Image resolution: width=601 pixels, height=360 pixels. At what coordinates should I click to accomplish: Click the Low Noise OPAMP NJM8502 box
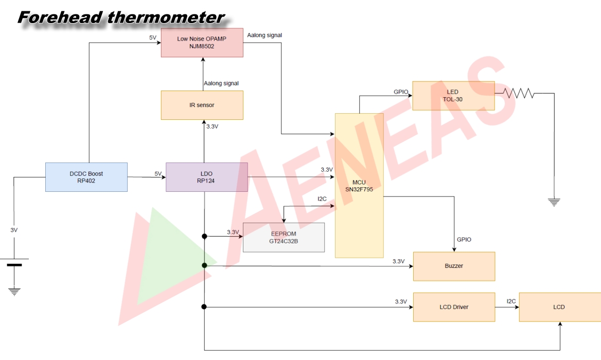tap(202, 43)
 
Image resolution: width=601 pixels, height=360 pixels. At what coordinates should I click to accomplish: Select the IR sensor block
tap(202, 105)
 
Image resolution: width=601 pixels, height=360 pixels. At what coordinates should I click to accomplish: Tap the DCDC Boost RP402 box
tap(86, 177)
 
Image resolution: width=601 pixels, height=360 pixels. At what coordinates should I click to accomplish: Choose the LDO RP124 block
tap(206, 177)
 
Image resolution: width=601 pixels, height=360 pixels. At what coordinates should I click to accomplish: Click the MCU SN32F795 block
tap(359, 185)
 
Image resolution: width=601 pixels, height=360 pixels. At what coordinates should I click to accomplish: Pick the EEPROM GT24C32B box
tap(284, 237)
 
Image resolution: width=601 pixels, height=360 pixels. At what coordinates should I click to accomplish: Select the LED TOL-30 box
tap(453, 96)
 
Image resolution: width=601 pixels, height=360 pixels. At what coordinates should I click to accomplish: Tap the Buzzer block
tap(454, 266)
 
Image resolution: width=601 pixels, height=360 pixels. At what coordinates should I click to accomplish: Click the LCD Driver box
tap(454, 307)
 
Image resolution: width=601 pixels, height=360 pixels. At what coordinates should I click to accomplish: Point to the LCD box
tap(559, 307)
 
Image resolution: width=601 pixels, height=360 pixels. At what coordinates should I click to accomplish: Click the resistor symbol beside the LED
tap(519, 94)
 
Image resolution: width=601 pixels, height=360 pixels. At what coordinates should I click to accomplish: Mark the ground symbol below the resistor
tap(554, 202)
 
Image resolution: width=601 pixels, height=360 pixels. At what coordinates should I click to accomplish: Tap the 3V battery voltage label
tap(14, 230)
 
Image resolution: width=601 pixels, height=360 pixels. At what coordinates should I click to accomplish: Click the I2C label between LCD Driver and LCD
tap(511, 301)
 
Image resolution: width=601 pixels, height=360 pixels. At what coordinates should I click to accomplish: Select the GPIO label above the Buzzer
tap(464, 240)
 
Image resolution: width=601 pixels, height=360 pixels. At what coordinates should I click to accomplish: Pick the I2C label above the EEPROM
tap(322, 199)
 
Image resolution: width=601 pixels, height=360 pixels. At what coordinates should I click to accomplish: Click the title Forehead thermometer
tap(121, 17)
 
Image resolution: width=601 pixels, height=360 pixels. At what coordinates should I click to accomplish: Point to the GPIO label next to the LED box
tap(401, 92)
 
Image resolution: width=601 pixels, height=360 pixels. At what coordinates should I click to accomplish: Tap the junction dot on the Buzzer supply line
tap(204, 265)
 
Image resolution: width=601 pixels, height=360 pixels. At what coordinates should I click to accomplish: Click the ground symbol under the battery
tap(14, 292)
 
